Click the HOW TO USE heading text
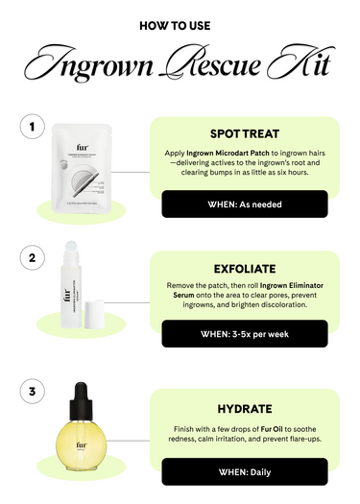pos(180,27)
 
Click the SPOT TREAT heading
pos(244,133)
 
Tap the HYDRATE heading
pos(244,406)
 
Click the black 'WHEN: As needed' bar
pos(244,204)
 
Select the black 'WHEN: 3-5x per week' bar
pos(244,332)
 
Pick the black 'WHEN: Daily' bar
pos(244,471)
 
